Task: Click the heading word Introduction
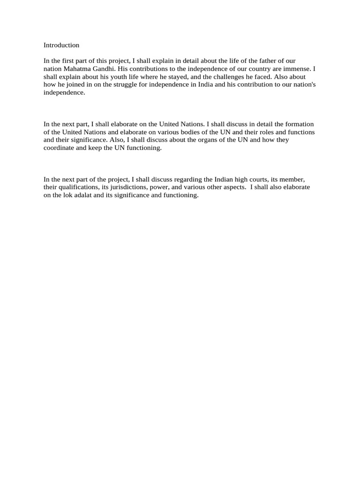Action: click(61, 45)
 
